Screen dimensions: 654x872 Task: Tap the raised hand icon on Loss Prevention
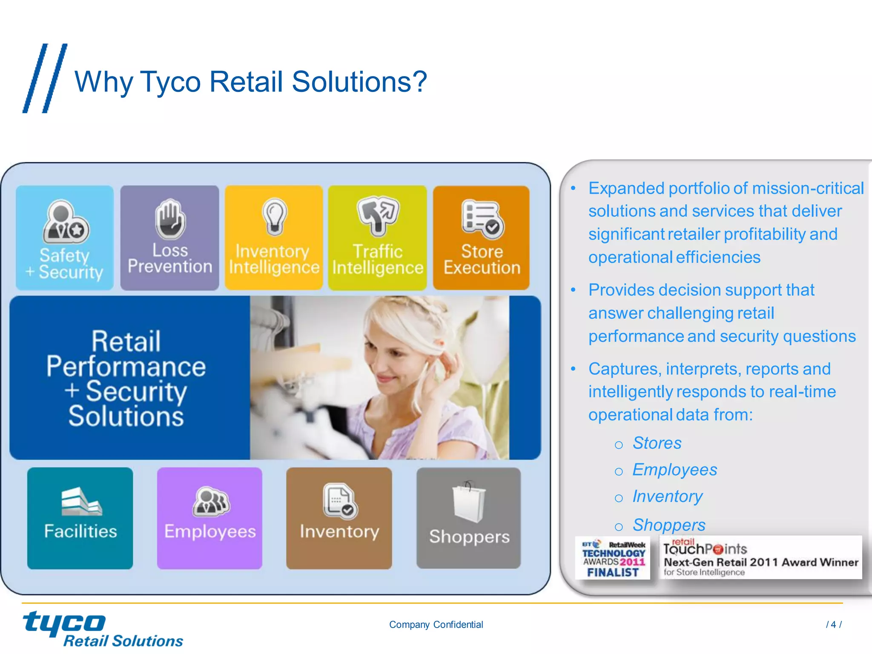coord(170,219)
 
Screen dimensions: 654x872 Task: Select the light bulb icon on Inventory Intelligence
coord(274,216)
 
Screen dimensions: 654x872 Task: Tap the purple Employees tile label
coord(210,531)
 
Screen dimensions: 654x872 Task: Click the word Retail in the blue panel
coord(126,341)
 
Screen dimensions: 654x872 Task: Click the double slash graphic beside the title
coord(45,78)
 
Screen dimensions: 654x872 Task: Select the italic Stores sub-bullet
coord(657,443)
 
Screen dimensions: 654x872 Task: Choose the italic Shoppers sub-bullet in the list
coord(668,525)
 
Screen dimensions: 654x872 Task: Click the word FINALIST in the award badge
coord(613,573)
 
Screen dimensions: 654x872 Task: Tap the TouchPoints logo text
coord(705,549)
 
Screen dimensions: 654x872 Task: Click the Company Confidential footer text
coord(436,625)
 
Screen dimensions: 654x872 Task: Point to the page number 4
coord(833,625)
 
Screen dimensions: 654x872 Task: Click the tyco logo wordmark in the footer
coord(64,623)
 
